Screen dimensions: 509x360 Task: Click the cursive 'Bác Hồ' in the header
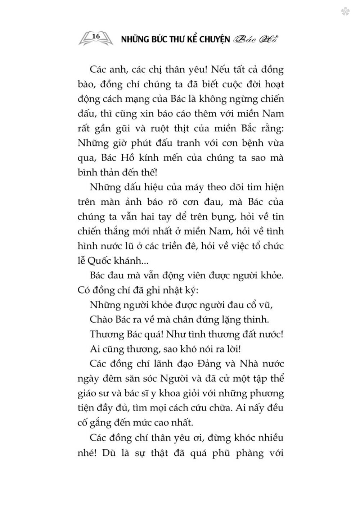point(256,39)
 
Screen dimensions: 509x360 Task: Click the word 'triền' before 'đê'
point(195,246)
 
